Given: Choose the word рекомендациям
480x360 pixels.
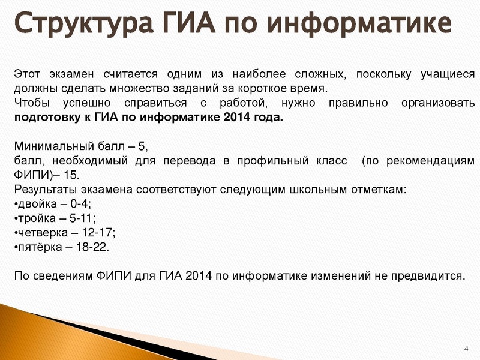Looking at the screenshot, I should (x=427, y=161).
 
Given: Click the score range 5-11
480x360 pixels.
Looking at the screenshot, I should (x=82, y=218).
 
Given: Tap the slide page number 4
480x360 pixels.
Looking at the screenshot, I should (x=467, y=349).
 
